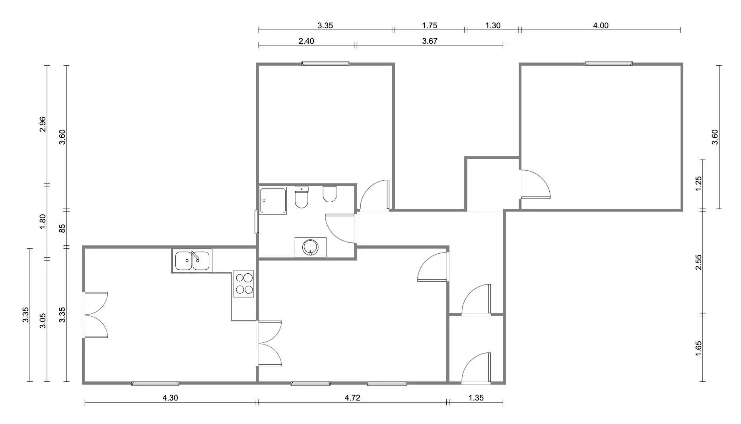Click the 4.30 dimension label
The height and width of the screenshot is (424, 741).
point(170,398)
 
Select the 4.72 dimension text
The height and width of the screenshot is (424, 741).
point(352,398)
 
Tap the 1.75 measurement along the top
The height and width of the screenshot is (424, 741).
point(430,25)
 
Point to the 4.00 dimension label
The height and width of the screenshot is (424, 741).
point(601,25)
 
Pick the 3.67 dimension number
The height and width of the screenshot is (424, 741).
point(430,41)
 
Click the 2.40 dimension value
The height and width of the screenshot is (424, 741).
point(306,41)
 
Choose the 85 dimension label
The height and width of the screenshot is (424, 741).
point(62,229)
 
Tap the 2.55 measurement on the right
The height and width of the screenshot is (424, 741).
point(698,262)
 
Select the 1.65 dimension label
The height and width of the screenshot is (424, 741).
point(698,348)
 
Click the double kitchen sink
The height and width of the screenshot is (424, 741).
point(192,261)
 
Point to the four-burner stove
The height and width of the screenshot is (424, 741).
point(244,284)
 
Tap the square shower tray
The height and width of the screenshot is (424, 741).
point(272,201)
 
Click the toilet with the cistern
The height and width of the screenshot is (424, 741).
point(301,197)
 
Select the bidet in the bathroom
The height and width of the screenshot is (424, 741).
point(330,194)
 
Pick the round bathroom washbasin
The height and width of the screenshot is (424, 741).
point(310,247)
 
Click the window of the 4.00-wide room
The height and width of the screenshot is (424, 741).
point(609,63)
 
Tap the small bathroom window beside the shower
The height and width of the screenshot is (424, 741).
point(257,222)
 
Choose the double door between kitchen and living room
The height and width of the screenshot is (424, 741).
point(269,343)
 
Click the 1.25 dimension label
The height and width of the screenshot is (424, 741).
point(698,184)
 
